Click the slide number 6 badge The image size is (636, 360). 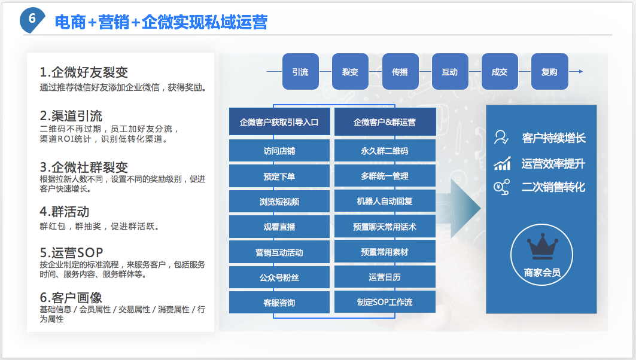(32, 19)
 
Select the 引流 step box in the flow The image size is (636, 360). (300, 72)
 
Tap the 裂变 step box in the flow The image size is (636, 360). (350, 72)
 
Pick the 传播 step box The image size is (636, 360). (400, 72)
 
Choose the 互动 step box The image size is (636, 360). (449, 72)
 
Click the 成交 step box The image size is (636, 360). (499, 72)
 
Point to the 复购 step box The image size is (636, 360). (549, 72)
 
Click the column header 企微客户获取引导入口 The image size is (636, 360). (279, 122)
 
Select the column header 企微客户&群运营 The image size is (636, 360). (385, 122)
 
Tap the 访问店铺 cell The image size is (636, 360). (279, 151)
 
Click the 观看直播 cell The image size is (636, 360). (279, 227)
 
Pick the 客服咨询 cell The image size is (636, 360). (279, 303)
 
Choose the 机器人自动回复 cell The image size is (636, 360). (385, 202)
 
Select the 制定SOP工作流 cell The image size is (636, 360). (385, 302)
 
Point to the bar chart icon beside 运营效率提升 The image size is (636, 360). (502, 163)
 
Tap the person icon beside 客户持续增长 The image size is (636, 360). (501, 138)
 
